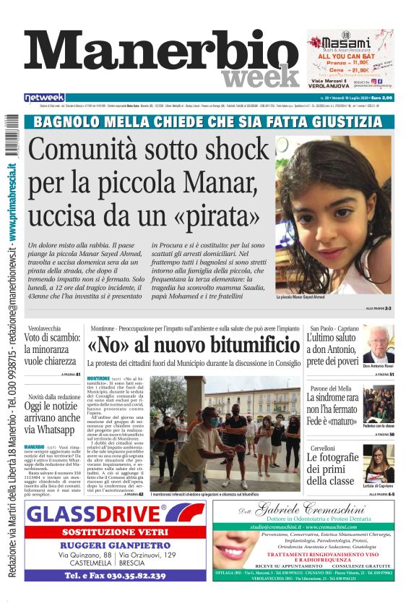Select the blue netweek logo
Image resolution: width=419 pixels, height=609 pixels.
(45, 98)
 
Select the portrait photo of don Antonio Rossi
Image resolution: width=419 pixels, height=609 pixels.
(378, 346)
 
